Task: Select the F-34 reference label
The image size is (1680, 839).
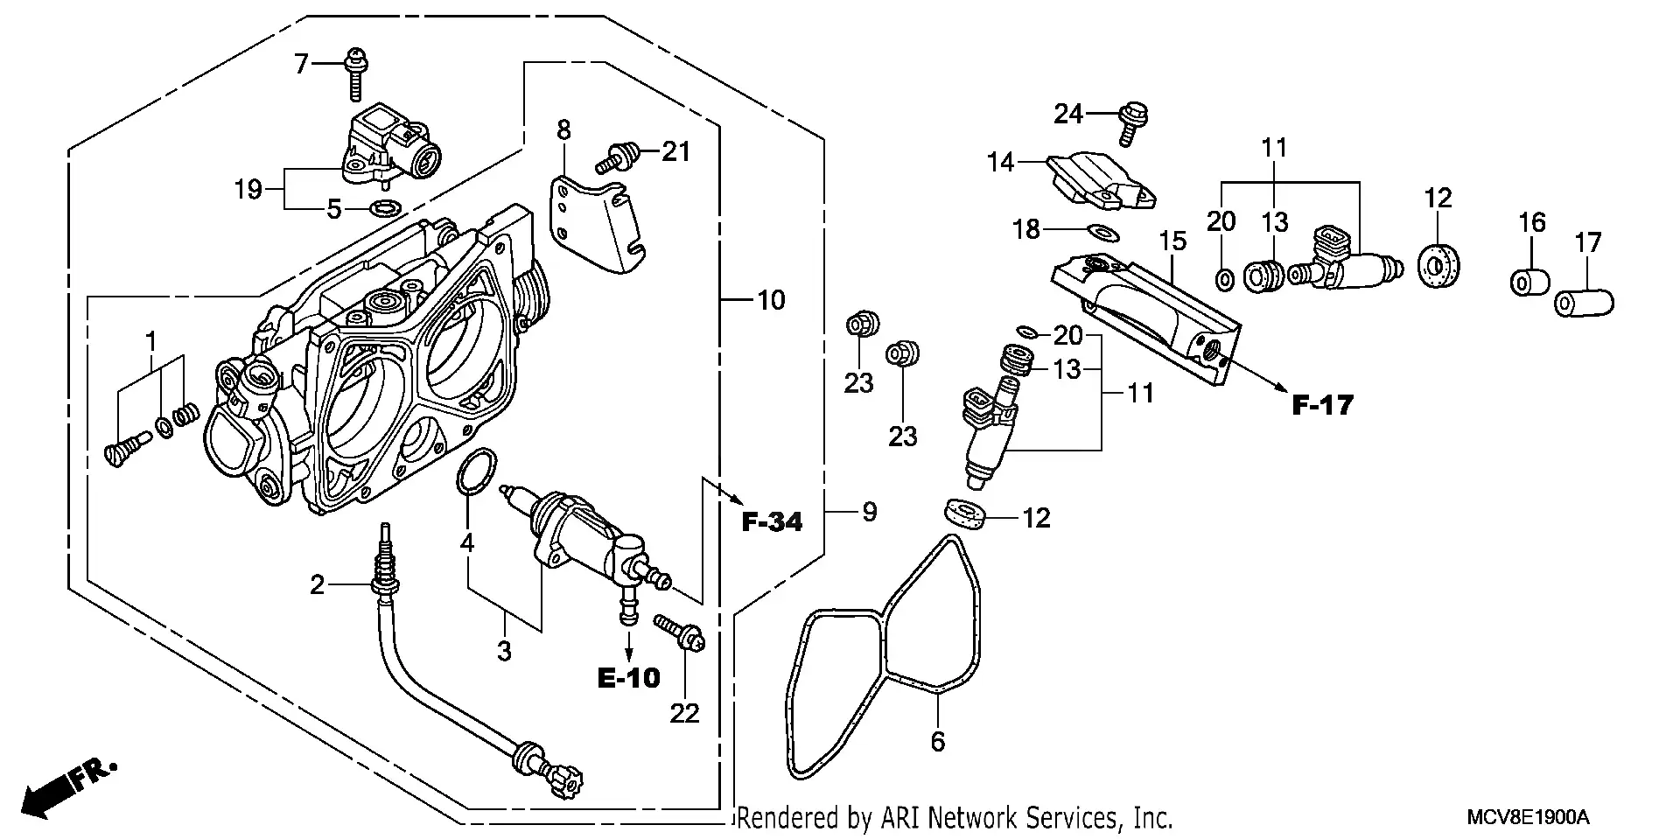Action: pyautogui.click(x=772, y=522)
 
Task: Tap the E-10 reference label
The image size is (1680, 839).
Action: pyautogui.click(x=629, y=677)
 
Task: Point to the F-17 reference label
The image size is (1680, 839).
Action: pyautogui.click(x=1323, y=405)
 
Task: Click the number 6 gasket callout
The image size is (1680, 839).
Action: pyautogui.click(x=937, y=742)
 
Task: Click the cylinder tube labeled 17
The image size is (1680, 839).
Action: pyautogui.click(x=1585, y=303)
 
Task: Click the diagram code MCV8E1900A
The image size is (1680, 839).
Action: pyautogui.click(x=1528, y=818)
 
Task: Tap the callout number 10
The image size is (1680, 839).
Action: pyautogui.click(x=771, y=300)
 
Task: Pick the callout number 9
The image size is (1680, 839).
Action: pyautogui.click(x=868, y=512)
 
